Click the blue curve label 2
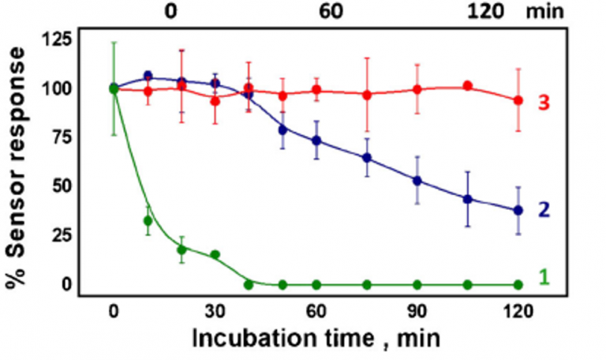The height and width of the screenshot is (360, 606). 544,210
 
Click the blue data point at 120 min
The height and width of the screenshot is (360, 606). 518,210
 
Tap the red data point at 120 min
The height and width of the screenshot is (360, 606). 518,100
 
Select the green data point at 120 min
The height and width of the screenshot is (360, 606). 518,284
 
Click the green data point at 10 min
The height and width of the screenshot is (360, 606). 148,220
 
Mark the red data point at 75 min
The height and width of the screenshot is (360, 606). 367,95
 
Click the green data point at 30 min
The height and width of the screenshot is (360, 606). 215,254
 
